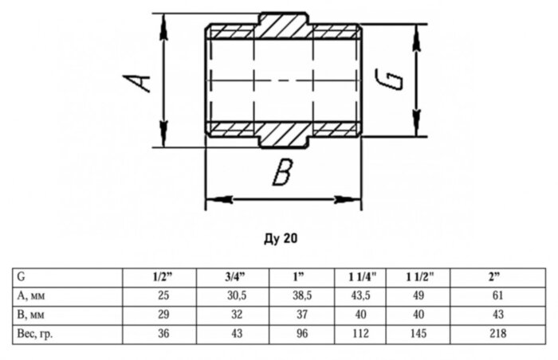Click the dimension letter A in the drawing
coord(140,81)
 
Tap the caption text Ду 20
coord(278,237)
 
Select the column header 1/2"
coord(163,278)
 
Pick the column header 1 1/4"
coord(361,278)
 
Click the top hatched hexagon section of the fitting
coord(284,25)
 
